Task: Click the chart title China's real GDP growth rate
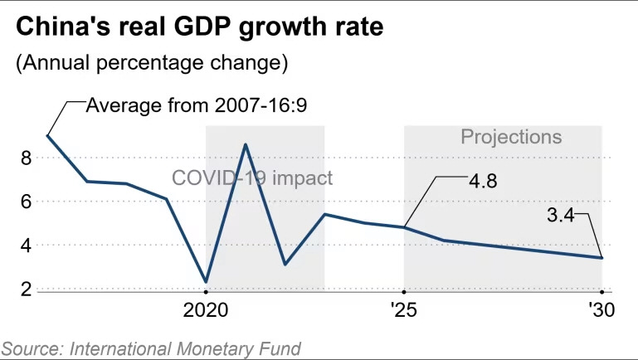200,27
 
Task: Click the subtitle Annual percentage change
151,62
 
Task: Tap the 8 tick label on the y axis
26,158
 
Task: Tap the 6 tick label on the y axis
26,202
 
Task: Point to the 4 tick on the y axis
26,246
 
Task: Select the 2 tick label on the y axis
26,289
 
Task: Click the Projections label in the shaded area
511,137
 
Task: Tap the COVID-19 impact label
252,178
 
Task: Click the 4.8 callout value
480,180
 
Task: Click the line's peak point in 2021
245,144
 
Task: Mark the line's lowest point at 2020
205,282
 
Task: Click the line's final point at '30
601,258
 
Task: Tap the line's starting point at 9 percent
47,135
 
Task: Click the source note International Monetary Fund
151,348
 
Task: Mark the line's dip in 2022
285,265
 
